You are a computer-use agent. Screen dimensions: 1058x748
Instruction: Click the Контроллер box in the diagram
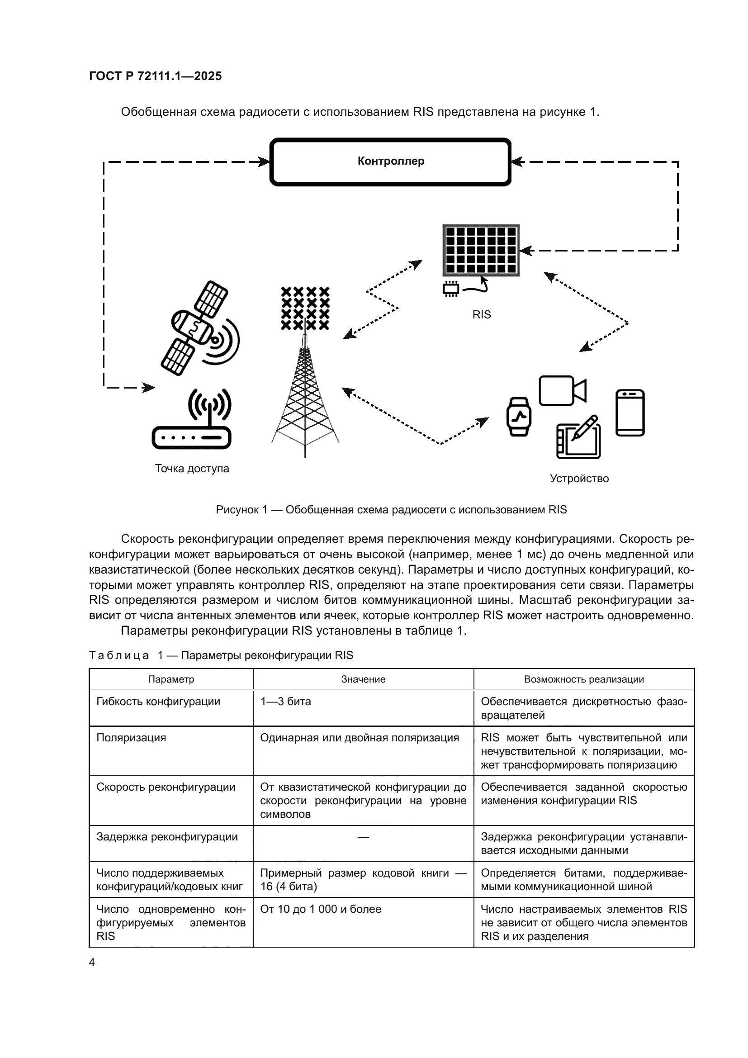(x=390, y=161)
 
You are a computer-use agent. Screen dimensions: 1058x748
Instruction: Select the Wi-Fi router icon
(x=192, y=420)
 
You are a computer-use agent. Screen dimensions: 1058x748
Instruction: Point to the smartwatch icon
(x=519, y=417)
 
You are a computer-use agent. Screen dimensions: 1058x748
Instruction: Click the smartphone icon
(x=630, y=413)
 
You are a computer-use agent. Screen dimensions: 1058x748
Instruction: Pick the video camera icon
(x=562, y=391)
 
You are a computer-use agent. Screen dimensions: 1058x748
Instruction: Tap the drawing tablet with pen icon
(x=578, y=437)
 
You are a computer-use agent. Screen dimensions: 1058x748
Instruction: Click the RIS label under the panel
(x=481, y=315)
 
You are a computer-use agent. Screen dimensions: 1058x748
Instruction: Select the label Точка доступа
(x=192, y=469)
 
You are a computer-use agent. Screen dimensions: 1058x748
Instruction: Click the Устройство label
(x=579, y=479)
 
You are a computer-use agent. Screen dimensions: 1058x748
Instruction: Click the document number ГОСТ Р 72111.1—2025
(x=155, y=76)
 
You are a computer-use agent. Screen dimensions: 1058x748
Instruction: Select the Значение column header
(x=363, y=679)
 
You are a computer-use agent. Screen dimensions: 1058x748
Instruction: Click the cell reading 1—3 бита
(x=285, y=702)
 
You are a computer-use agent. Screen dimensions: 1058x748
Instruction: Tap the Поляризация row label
(x=131, y=738)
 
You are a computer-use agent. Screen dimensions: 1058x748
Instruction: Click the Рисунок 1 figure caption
(x=391, y=510)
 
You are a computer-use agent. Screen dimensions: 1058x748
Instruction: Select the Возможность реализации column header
(x=583, y=679)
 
